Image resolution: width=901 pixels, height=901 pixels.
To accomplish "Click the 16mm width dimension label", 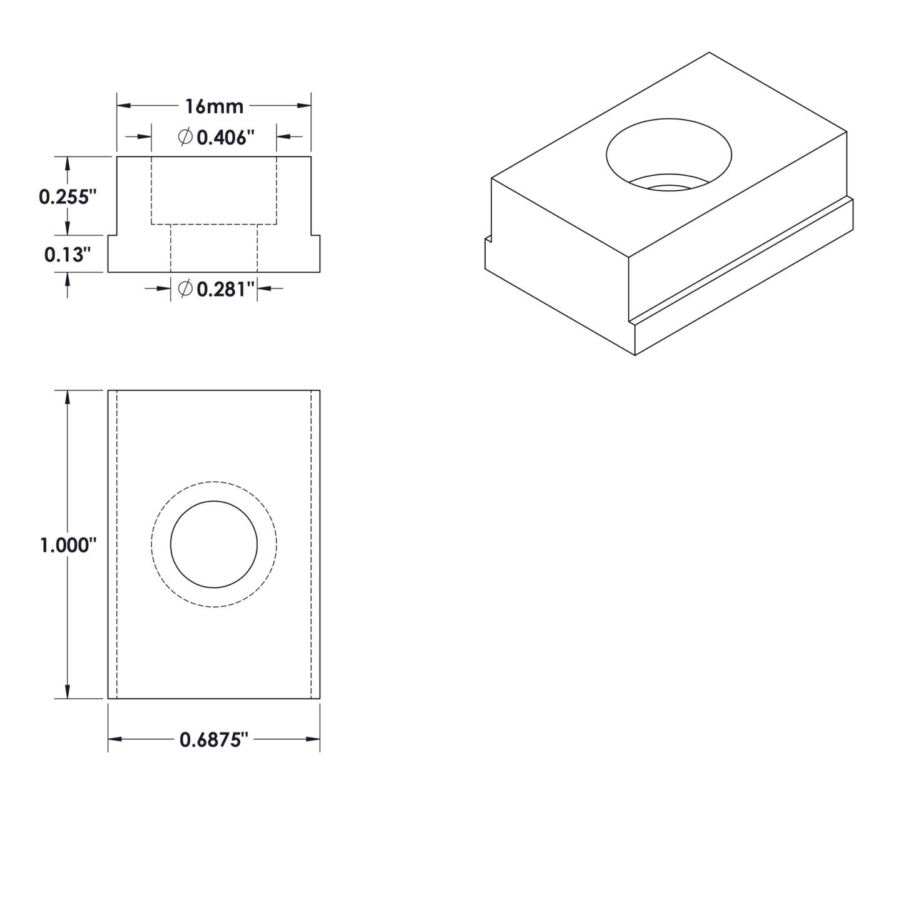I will tap(214, 106).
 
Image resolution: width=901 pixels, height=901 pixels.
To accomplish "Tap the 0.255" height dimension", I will tap(68, 196).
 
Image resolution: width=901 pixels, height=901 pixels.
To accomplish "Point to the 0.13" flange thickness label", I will tap(68, 255).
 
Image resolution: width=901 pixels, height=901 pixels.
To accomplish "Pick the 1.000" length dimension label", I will tap(68, 546).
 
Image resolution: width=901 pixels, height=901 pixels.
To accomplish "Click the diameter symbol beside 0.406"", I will tap(185, 137).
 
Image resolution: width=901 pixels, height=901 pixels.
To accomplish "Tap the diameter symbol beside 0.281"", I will tap(185, 288).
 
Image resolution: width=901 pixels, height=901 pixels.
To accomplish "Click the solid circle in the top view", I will tap(214, 544).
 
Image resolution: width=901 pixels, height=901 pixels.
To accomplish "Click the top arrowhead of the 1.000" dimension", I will tap(68, 396).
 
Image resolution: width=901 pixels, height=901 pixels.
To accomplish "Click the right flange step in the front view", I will tap(315, 236).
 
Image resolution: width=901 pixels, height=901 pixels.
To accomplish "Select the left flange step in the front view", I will tap(113, 236).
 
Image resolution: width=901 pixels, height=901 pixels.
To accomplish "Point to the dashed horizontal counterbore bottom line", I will tap(214, 224).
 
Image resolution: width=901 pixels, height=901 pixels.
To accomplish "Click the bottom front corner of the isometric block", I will tap(635, 355).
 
